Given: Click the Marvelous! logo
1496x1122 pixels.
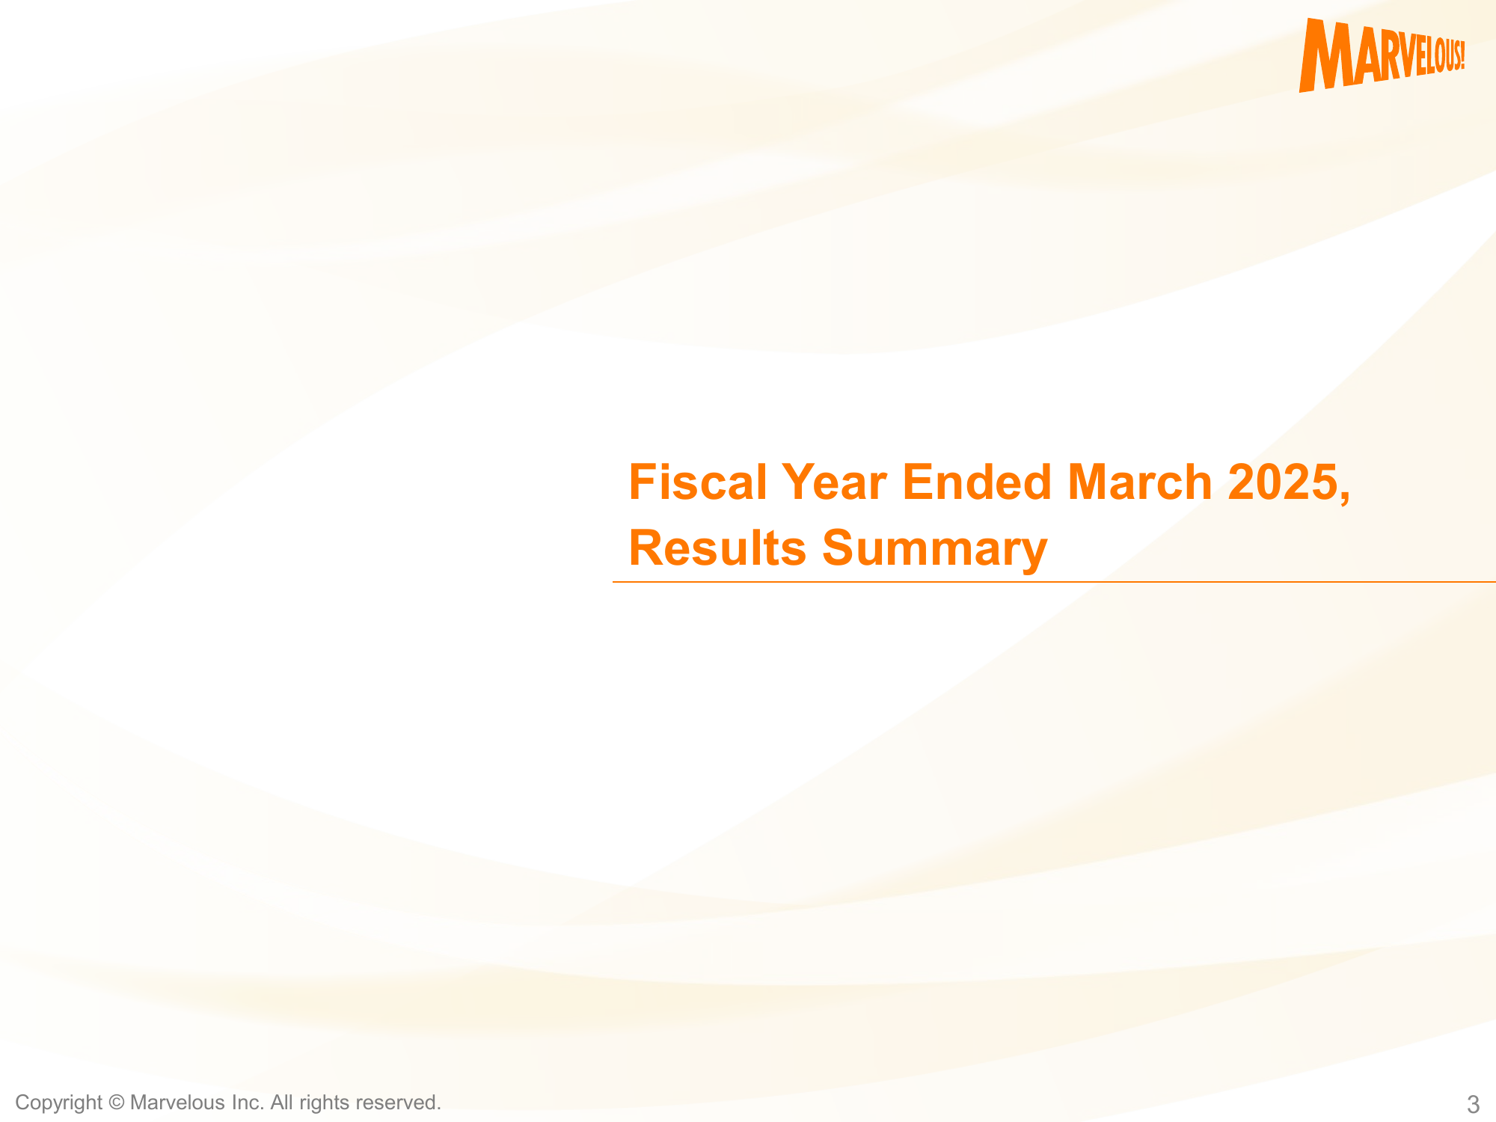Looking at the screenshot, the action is [1382, 55].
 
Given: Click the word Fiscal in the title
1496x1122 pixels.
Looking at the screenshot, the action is [698, 482].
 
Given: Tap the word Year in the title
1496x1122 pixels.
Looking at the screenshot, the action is [834, 482].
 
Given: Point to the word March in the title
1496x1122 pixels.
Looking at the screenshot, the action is [1140, 482].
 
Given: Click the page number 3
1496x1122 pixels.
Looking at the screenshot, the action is [1473, 1104].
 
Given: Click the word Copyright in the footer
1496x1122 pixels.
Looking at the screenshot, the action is [58, 1103].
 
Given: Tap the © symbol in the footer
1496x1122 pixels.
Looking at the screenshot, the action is [116, 1103].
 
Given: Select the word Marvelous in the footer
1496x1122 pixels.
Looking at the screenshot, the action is [177, 1103].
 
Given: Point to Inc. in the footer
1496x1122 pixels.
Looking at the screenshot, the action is [248, 1103].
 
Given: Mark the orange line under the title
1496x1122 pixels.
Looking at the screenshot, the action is [1054, 581].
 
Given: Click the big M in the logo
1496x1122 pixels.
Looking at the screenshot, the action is [1327, 55].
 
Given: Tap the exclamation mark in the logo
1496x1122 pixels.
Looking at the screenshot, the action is [1461, 55].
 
